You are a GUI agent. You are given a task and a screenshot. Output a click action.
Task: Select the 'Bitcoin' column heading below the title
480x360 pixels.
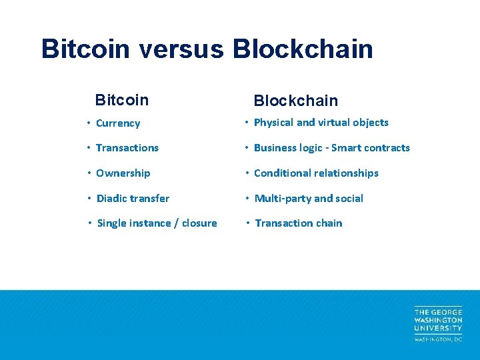click(x=122, y=100)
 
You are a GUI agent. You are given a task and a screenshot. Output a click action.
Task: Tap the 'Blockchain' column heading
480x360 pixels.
click(x=295, y=101)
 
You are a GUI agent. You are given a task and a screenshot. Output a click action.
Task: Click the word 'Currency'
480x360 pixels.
click(x=118, y=123)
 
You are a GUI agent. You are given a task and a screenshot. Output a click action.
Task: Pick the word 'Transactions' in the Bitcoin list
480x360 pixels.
click(x=127, y=148)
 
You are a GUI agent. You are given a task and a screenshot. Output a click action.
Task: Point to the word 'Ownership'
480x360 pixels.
click(x=123, y=173)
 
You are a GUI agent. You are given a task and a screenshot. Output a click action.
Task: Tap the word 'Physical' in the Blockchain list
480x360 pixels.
click(x=273, y=123)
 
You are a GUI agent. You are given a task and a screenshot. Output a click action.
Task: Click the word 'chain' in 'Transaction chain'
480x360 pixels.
click(x=329, y=223)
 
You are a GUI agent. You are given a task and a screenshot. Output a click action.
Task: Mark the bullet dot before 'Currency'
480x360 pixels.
click(x=89, y=123)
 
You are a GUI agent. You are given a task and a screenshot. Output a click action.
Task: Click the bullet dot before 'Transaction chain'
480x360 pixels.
click(x=247, y=223)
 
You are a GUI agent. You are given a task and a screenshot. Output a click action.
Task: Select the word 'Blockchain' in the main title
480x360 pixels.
click(x=303, y=49)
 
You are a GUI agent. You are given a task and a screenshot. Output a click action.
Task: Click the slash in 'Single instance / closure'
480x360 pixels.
click(x=176, y=223)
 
